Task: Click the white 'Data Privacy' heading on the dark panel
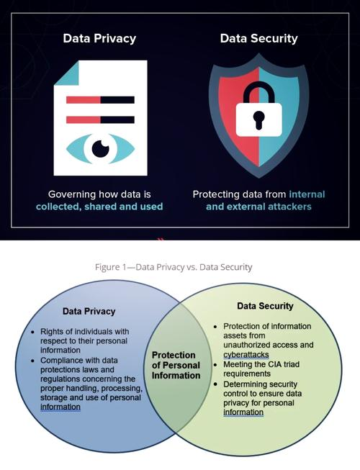coord(99,39)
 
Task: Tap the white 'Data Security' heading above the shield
coord(259,39)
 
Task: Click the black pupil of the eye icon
coord(100,148)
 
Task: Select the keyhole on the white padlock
coord(258,119)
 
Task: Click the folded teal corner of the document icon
coord(67,73)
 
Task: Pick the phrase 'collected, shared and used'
coord(99,207)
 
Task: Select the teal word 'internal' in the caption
coord(307,194)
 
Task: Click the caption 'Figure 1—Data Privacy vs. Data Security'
coord(174,267)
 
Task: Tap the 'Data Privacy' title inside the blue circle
coord(89,311)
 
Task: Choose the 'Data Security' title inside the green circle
coord(265,306)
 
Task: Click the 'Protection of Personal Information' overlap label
coord(176,365)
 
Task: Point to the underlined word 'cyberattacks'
coord(246,355)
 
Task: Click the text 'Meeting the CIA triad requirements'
coord(261,369)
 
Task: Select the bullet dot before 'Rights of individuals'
coord(32,332)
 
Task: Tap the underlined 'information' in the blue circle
coord(60,407)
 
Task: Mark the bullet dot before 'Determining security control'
coord(215,384)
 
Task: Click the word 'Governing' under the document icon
coord(72,194)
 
